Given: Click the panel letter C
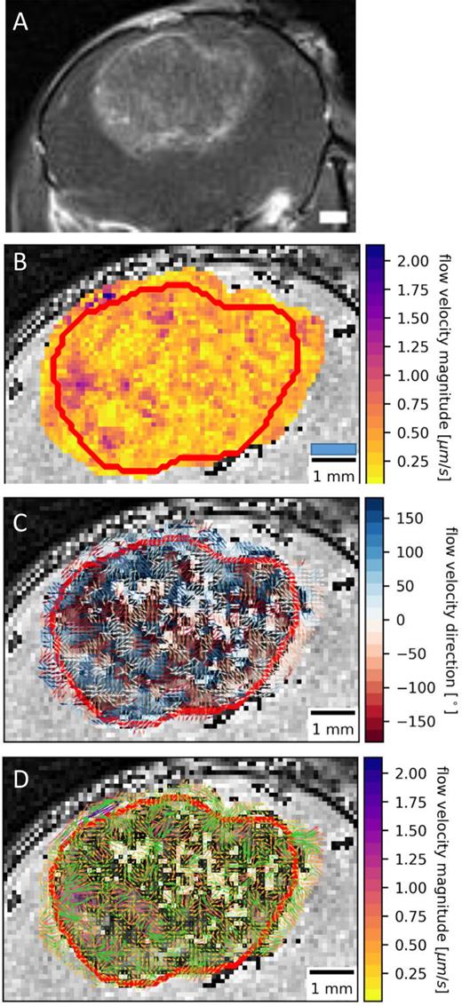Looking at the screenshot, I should (x=20, y=518).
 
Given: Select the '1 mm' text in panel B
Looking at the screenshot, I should (x=335, y=478).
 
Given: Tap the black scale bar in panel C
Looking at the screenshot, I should (x=334, y=713).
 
